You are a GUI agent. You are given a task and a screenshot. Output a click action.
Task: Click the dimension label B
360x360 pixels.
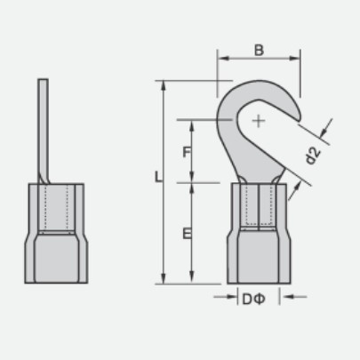point(259,50)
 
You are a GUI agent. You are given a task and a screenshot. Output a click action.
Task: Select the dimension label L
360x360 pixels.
point(158,177)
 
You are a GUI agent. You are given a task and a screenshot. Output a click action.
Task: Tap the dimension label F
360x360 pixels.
point(187,152)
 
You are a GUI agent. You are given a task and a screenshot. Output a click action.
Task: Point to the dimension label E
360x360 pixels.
point(187,234)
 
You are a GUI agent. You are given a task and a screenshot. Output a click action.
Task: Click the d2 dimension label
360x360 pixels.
point(313,156)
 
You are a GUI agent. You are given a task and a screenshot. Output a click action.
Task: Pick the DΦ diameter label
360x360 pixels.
point(253,300)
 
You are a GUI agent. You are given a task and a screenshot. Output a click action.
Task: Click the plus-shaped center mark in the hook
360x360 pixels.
point(259,121)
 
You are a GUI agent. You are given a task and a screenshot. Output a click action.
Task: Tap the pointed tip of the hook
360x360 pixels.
point(299,120)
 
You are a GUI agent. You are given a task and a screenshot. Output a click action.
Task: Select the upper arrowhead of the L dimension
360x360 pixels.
point(164,85)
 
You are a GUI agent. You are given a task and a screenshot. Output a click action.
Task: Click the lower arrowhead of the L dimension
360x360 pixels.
point(164,279)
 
